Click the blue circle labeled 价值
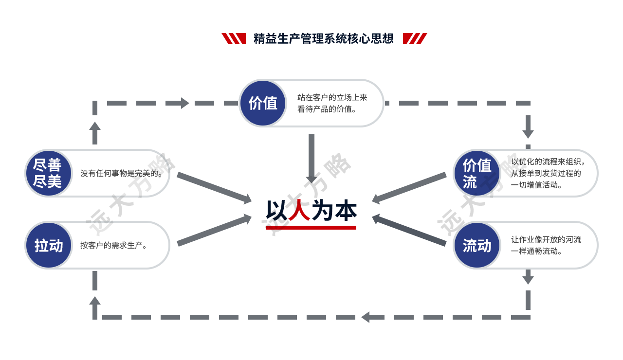(263, 103)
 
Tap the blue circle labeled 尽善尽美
(48, 173)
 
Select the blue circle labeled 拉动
(48, 245)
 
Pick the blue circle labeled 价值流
(476, 173)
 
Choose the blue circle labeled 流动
(476, 246)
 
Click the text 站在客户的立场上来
(332, 97)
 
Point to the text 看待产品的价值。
(327, 109)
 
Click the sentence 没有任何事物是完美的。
(121, 173)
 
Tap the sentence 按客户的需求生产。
(113, 245)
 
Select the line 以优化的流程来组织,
(548, 162)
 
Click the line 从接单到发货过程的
(546, 173)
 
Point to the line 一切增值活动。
(537, 185)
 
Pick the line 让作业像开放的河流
(546, 239)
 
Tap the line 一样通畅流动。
(537, 252)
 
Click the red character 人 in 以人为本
(299, 211)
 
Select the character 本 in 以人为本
(346, 211)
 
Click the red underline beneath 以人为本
(311, 227)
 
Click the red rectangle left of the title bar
(234, 38)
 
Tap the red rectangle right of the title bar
(415, 38)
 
